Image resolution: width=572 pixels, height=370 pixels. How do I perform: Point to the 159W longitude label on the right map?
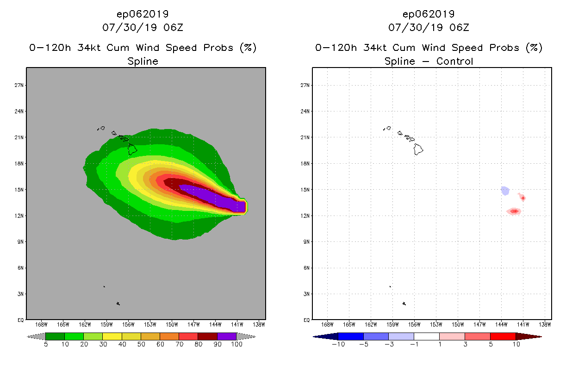click(392, 324)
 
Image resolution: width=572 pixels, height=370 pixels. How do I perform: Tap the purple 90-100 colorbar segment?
click(227, 336)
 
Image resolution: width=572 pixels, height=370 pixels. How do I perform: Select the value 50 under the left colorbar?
click(141, 344)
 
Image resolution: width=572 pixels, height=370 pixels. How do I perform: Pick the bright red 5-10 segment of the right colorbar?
click(503, 336)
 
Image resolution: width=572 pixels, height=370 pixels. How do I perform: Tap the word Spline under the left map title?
click(143, 61)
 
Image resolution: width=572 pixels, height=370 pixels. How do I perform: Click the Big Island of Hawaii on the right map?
click(418, 149)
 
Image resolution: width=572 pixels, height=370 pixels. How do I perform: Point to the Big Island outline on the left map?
click(132, 149)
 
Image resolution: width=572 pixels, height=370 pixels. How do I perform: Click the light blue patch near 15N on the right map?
click(505, 191)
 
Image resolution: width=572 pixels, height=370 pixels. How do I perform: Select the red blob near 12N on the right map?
click(514, 211)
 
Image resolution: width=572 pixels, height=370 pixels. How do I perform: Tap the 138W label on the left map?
click(259, 324)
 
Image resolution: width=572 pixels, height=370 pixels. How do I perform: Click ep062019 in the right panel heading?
click(429, 14)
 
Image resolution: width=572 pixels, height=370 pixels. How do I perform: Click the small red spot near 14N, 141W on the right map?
click(522, 197)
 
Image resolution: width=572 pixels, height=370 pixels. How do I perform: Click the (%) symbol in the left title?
click(248, 48)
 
